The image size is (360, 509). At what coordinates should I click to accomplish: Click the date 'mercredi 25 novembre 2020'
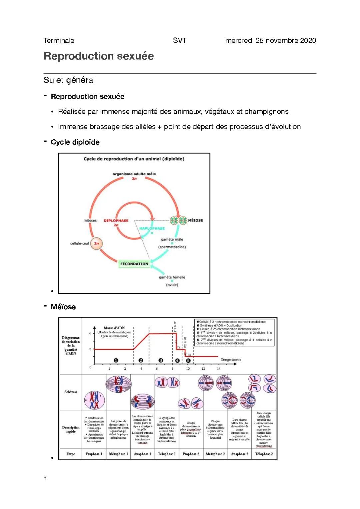coord(270,41)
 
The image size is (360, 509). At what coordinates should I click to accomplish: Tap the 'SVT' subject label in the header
coord(180,41)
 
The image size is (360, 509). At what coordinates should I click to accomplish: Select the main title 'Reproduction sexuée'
coord(99,56)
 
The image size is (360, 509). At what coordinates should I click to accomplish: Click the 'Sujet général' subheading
coord(69,80)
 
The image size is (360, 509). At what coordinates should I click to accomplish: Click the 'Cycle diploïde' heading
coord(75,142)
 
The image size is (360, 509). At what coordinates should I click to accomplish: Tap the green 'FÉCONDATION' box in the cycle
coord(134,264)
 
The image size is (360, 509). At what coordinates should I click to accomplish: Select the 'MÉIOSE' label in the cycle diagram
coord(195,220)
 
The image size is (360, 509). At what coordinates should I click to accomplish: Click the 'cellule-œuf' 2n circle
coord(96,243)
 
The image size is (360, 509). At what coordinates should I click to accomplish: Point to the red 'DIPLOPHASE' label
coord(116,221)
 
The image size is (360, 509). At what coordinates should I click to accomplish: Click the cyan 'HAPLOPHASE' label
coord(152,228)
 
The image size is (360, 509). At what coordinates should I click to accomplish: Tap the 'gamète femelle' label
coord(172,277)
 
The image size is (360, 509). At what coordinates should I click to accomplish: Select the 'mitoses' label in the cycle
coord(90,220)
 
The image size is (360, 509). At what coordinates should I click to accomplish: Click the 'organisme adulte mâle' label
coord(134,174)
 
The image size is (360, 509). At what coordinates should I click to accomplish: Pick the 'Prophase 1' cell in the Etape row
coord(94,454)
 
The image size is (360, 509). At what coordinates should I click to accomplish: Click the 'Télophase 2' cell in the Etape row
coord(264,454)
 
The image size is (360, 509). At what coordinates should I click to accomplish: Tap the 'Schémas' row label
coord(71,392)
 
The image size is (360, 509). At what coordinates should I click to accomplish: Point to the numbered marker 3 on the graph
coord(161,360)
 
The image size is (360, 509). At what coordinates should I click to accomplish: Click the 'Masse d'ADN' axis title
coord(114,328)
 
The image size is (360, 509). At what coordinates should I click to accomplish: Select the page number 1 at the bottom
coord(46,479)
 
